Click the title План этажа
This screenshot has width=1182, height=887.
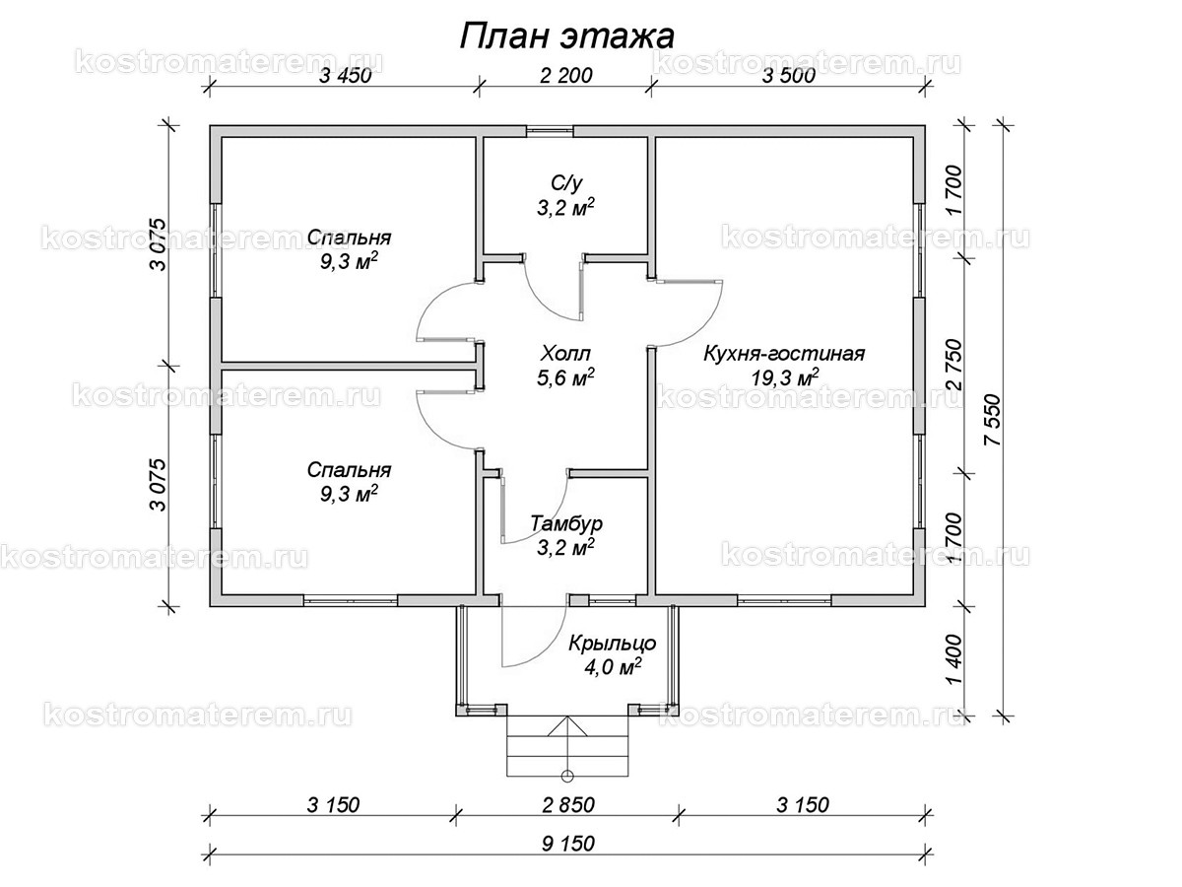[x=566, y=36]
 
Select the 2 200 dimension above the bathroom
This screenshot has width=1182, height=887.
[x=564, y=79]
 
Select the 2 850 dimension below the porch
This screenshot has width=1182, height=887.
[x=568, y=805]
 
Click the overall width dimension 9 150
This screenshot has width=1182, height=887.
[x=568, y=844]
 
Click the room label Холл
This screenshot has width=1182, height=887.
[x=567, y=353]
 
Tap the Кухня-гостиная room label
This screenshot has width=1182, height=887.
[x=783, y=354]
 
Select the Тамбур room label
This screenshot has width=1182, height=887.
[x=565, y=522]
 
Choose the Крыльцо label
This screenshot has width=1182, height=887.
[x=612, y=643]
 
